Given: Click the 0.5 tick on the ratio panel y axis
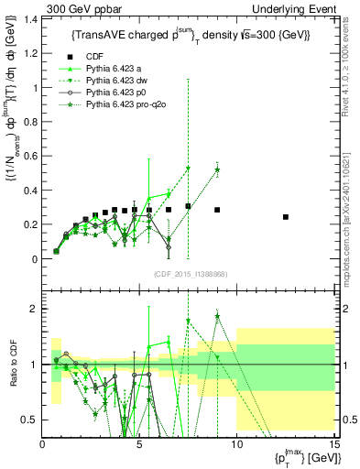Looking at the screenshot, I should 30,420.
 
